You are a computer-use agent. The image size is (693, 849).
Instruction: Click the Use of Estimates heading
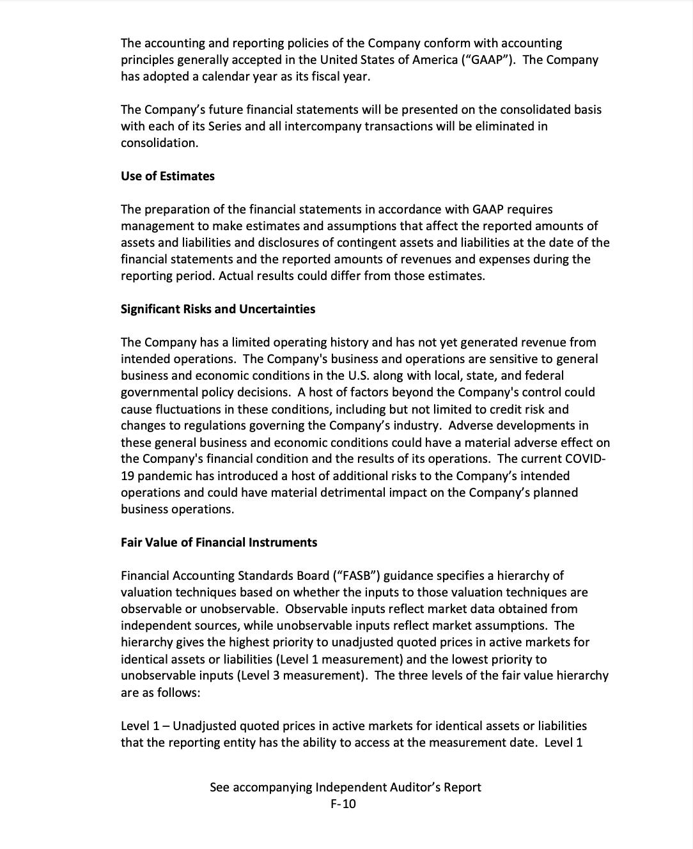(167, 176)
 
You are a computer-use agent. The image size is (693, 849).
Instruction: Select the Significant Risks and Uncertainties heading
(218, 309)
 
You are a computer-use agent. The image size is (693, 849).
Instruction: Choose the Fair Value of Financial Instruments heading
(219, 543)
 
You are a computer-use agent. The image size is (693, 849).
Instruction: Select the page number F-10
(344, 804)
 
